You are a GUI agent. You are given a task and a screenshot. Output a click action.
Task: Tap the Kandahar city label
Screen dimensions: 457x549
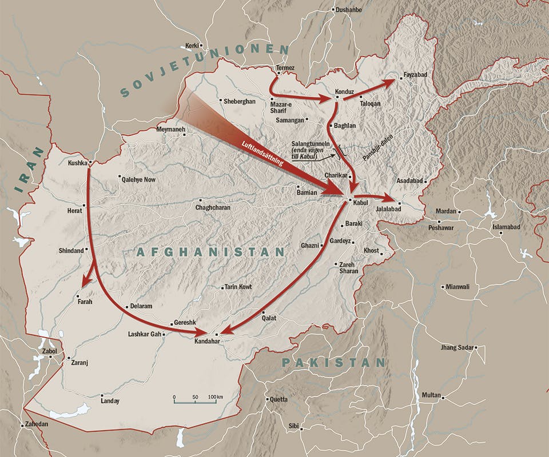[x=207, y=341]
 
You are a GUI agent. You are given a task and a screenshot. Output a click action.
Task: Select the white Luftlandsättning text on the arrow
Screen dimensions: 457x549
[x=260, y=153]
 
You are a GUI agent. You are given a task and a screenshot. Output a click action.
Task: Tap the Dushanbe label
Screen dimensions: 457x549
[x=350, y=10]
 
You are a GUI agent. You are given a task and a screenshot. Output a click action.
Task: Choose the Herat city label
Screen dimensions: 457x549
[x=75, y=211]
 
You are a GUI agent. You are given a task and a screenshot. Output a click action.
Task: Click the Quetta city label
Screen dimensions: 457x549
[x=278, y=399]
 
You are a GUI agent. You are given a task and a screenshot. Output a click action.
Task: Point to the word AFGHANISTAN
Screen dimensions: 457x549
[x=210, y=252]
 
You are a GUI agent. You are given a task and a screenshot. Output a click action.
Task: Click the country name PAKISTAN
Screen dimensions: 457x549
[x=333, y=363]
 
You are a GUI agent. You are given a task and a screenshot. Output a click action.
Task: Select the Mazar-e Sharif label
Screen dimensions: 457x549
[x=281, y=107]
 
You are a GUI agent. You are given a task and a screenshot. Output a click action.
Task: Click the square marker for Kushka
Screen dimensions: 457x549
[x=90, y=162]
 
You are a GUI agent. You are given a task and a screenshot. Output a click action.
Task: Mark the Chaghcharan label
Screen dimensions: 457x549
[x=213, y=208]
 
